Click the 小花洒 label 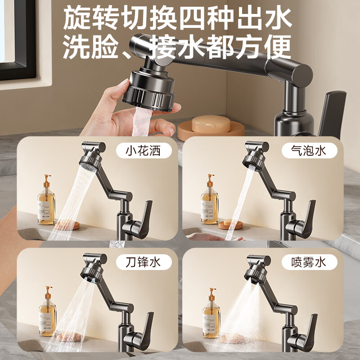pyautogui.click(x=144, y=151)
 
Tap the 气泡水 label pyautogui.click(x=309, y=151)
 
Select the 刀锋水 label pyautogui.click(x=144, y=262)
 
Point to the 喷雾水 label pyautogui.click(x=309, y=262)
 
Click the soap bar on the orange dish pyautogui.click(x=211, y=124)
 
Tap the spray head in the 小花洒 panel pyautogui.click(x=91, y=160)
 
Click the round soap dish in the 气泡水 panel pyautogui.click(x=230, y=224)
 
